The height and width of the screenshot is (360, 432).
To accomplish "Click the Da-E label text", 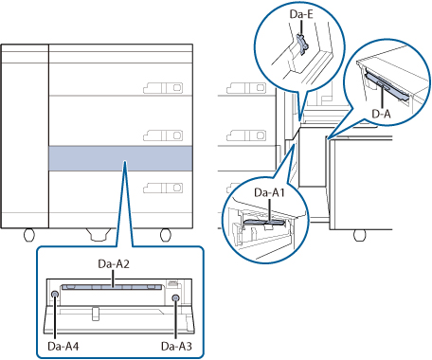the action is (301, 14).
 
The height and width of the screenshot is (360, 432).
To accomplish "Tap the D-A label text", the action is (381, 113).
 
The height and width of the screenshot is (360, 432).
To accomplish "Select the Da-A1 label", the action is (269, 192).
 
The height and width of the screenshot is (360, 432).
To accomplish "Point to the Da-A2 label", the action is (114, 264).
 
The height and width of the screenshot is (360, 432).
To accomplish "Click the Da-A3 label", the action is (176, 346).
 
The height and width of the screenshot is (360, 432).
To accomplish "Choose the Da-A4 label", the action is (63, 346).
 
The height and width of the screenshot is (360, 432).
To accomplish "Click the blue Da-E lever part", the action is (302, 44).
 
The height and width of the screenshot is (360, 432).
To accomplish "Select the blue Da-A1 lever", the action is (264, 223).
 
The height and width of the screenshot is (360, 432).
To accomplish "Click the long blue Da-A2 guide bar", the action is (112, 287).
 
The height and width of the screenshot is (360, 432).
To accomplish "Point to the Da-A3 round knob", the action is (175, 297).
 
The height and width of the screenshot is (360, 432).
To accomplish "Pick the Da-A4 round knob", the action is (55, 295).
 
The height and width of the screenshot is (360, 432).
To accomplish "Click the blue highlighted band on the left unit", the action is (120, 158).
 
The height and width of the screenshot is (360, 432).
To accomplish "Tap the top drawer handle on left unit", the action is (163, 88).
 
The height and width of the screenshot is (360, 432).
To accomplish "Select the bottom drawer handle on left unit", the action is (163, 188).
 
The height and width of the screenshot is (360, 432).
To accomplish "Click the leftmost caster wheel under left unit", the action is (29, 235).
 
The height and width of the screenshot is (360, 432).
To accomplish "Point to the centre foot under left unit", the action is (99, 234).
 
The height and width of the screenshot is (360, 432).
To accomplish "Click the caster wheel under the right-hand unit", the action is (359, 235).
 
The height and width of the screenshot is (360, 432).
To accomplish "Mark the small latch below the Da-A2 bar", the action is (96, 314).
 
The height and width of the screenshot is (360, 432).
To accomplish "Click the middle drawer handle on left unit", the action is (163, 135).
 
